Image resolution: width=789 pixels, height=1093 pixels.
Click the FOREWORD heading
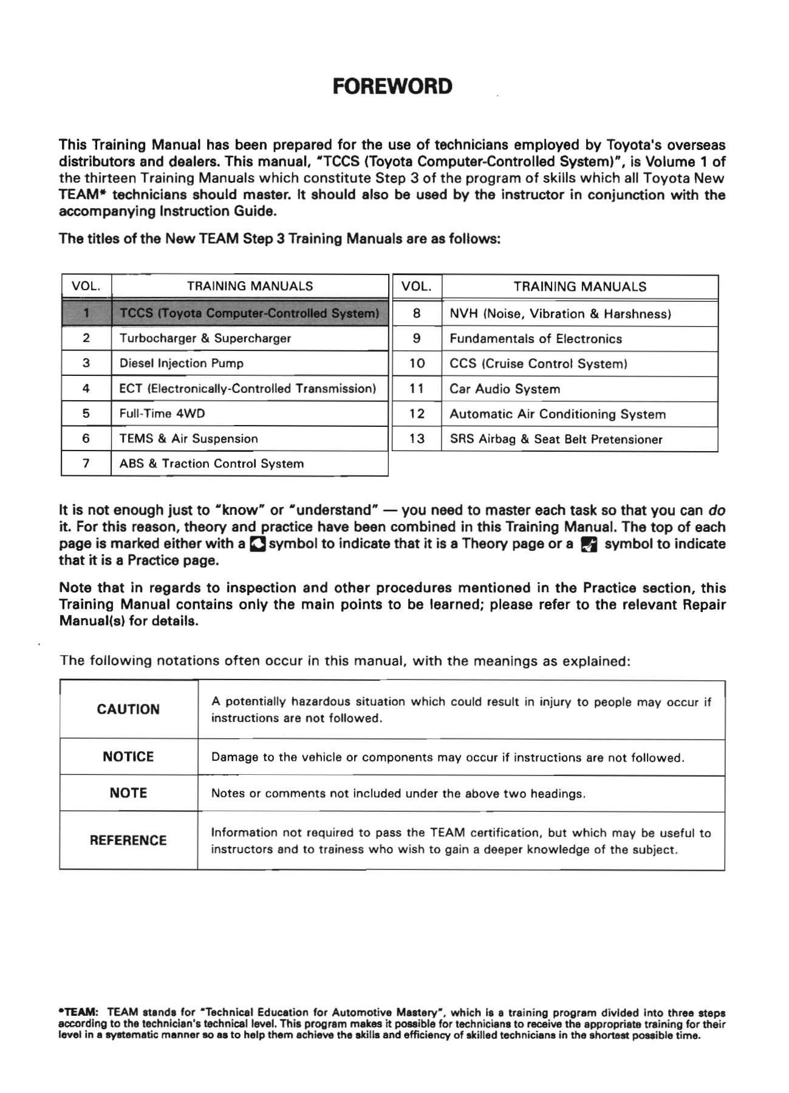coord(393,86)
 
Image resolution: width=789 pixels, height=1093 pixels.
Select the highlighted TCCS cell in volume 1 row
coord(249,313)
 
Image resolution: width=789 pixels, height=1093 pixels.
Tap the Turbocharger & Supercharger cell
coord(205,339)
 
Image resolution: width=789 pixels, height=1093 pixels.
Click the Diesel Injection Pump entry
coord(182,364)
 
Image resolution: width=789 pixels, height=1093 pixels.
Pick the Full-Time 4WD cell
coord(162,414)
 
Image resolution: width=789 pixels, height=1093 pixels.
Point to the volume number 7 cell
coord(86,463)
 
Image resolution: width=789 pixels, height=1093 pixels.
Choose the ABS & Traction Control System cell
coord(211,464)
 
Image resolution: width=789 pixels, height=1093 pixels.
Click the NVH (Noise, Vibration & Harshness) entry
coord(560,314)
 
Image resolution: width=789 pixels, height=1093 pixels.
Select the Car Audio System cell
coord(505,389)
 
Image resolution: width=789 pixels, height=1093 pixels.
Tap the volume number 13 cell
coord(417,439)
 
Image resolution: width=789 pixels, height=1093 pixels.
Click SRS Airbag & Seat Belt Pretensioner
coord(556,440)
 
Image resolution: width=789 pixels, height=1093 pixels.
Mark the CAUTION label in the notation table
coord(128,709)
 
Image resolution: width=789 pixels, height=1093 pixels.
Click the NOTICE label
coord(128,757)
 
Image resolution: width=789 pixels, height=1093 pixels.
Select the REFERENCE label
coord(128,840)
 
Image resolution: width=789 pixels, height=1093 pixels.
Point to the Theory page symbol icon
coord(258,544)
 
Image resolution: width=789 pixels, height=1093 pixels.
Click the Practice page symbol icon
coord(589,545)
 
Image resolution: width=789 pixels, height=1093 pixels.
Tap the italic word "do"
coord(717,510)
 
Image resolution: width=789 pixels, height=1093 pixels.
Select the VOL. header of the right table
coord(417,287)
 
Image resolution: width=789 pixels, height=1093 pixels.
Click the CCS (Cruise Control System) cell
coord(538,364)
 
